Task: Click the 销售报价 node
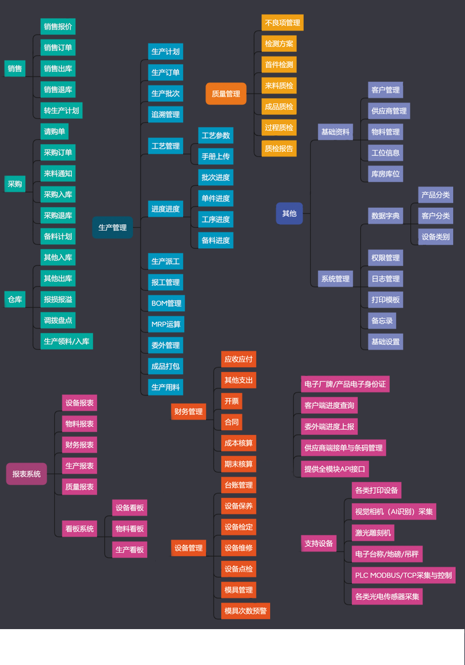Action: [x=58, y=26]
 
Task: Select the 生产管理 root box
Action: [x=112, y=227]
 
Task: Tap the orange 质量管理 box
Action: [x=226, y=94]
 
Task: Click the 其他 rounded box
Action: [x=290, y=213]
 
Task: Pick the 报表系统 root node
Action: [x=26, y=474]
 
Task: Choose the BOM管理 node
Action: [x=167, y=303]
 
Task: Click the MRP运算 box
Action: [x=166, y=324]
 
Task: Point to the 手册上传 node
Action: [x=215, y=157]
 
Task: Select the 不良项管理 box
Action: [x=283, y=23]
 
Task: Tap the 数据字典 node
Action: [x=386, y=216]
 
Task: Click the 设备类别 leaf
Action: [x=436, y=237]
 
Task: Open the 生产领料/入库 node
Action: [x=67, y=341]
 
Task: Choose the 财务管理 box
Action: [x=188, y=411]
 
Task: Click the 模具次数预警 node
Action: [x=245, y=611]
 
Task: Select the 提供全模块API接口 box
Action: [x=335, y=469]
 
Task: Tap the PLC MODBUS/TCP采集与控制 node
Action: [x=403, y=576]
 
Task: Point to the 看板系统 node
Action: [x=79, y=529]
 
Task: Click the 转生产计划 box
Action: [x=62, y=111]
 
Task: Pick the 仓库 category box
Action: [x=15, y=300]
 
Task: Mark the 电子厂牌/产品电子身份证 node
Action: [x=346, y=384]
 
